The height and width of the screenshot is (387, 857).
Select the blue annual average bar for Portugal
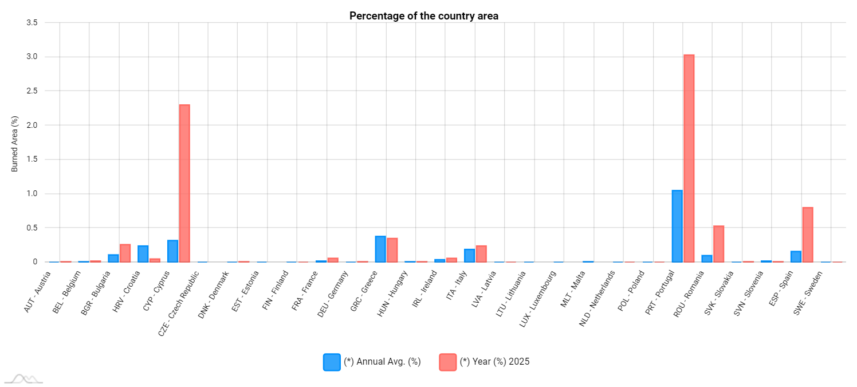pyautogui.click(x=677, y=226)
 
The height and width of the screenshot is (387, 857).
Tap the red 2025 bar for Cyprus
pyautogui.click(x=184, y=183)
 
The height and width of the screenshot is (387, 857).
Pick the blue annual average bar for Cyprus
pyautogui.click(x=172, y=251)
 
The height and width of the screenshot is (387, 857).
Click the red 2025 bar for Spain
pyautogui.click(x=808, y=234)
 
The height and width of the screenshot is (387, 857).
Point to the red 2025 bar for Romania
pyautogui.click(x=718, y=244)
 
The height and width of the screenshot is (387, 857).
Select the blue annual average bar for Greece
pyautogui.click(x=380, y=249)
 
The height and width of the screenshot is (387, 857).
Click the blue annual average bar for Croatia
pyautogui.click(x=143, y=253)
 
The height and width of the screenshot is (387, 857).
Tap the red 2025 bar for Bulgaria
pyautogui.click(x=125, y=253)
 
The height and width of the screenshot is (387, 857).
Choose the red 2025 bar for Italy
pyautogui.click(x=481, y=253)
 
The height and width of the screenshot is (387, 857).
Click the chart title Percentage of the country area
pyautogui.click(x=424, y=16)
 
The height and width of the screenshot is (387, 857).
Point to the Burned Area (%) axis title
pyautogui.click(x=15, y=143)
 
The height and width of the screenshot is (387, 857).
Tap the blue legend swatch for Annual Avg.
pyautogui.click(x=332, y=362)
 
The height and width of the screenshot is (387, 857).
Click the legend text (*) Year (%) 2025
pyautogui.click(x=494, y=362)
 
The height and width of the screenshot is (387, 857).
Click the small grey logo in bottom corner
pyautogui.click(x=23, y=378)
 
